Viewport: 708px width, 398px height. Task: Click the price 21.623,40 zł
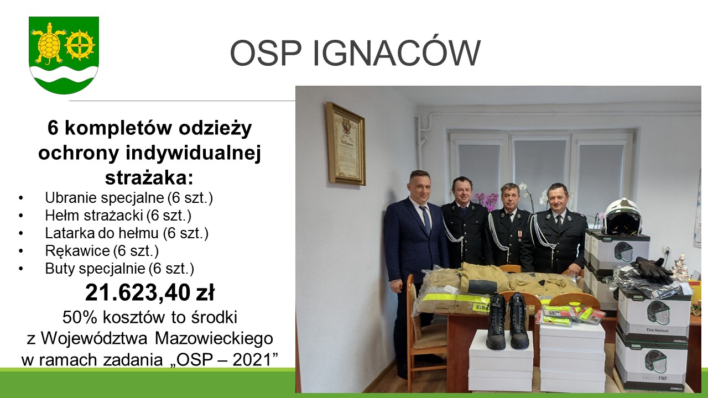pos(150,292)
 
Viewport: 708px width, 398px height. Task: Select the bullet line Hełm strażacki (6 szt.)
pos(118,216)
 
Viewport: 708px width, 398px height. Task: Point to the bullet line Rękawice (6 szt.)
pos(102,251)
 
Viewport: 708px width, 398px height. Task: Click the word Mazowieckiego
pos(214,339)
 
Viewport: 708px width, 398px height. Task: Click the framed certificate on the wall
pos(346,143)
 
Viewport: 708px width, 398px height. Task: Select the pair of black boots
pos(508,321)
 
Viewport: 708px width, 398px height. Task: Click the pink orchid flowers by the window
pos(487,201)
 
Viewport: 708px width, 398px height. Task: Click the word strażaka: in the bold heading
pos(149,178)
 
